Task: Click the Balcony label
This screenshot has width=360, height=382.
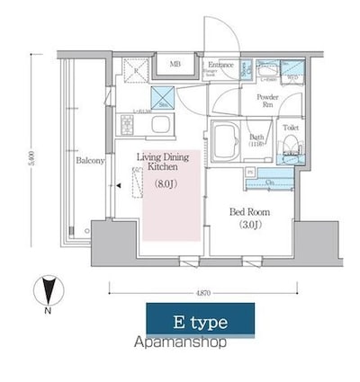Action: click(91, 162)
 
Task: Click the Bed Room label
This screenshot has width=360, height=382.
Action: click(248, 212)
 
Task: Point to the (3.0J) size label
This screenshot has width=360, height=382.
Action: click(248, 226)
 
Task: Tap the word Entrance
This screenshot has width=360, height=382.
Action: click(220, 65)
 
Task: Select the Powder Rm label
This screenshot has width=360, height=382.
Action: click(266, 100)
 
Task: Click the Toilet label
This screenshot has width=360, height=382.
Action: click(288, 129)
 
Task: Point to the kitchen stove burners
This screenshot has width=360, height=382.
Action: click(138, 69)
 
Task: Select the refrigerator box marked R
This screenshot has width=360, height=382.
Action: click(136, 69)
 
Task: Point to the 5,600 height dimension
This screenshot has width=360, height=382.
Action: click(32, 153)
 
